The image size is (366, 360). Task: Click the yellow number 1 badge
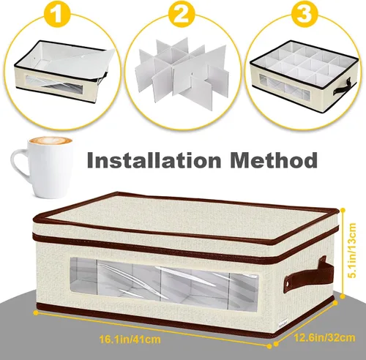pos(57,14)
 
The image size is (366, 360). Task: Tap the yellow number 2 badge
pos(182,14)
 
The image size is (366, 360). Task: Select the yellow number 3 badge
pos(306,14)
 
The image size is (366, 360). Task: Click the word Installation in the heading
pos(154,160)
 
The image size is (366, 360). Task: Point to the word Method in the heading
pos(274,160)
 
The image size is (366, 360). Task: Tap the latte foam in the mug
pos(51,140)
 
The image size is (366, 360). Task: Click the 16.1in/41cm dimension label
pos(130,339)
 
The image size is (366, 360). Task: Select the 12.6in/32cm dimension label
pos(324,338)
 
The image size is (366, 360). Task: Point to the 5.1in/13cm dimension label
pos(352,250)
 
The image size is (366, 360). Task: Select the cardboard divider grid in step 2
pos(182,70)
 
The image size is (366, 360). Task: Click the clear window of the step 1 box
pos(54,84)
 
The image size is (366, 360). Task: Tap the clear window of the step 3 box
pos(284,87)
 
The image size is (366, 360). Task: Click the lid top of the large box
pos(184,214)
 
